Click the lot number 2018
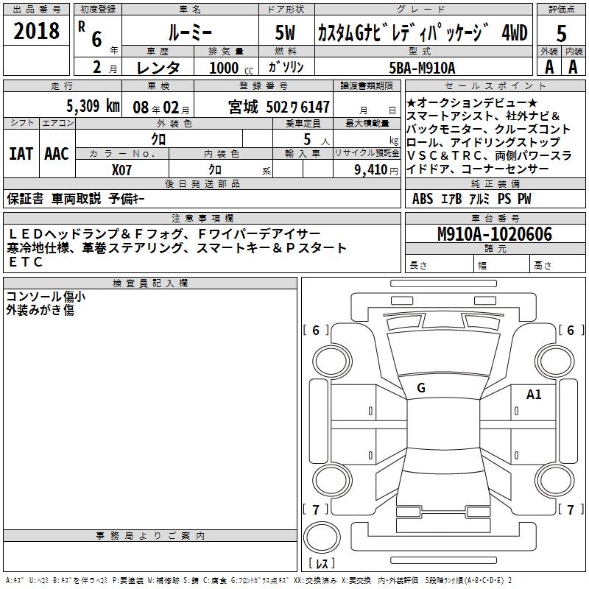36,31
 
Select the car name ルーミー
190,33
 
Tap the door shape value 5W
285,32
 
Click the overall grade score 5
561,33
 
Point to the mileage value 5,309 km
94,106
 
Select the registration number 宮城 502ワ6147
279,107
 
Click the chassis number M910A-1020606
495,234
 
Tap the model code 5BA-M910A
422,68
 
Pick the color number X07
121,170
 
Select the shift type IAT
21,154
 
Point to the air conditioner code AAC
57,154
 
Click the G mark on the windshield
421,388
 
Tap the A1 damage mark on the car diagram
534,395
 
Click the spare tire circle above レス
322,537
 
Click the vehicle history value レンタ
158,68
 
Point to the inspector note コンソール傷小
46,297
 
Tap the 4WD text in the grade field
515,33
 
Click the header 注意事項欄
202,218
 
